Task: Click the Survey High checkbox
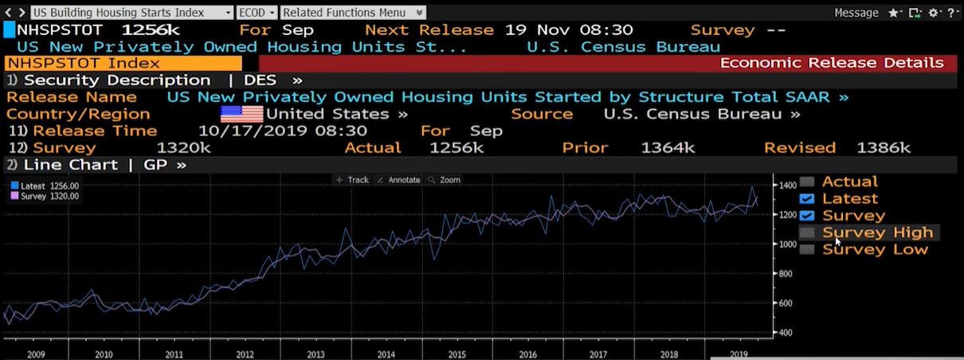(807, 233)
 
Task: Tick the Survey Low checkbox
(807, 249)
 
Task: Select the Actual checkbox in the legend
(807, 182)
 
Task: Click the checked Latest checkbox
(807, 198)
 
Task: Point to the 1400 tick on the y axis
(787, 185)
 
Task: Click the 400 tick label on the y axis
(786, 332)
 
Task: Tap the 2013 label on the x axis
(315, 354)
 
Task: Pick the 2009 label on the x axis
(36, 354)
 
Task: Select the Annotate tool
(398, 180)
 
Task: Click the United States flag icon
(241, 114)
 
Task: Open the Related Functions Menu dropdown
(353, 13)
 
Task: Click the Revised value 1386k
(883, 148)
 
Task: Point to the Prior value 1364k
(668, 148)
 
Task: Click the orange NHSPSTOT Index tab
(123, 63)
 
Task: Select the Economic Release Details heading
(832, 63)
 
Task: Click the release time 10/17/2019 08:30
(282, 131)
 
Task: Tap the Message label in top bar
(856, 13)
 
